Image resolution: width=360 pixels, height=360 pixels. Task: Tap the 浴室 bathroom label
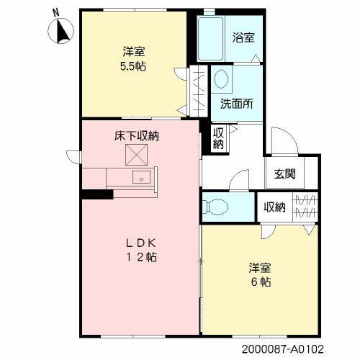coord(242,36)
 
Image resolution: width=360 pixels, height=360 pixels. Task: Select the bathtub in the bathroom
coord(212,39)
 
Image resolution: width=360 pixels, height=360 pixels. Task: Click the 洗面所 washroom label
coord(236,102)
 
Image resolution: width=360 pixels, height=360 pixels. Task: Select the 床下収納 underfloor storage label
coord(136,135)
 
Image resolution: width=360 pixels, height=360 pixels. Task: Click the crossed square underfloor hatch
coord(137,153)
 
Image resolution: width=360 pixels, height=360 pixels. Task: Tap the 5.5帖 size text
coord(131,66)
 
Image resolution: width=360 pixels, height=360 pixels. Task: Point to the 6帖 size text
coord(261,282)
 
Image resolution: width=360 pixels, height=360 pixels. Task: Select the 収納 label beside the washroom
coord(217,138)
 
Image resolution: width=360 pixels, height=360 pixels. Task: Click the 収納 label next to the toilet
coord(274,207)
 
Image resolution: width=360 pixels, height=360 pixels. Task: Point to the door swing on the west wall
coord(73,155)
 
